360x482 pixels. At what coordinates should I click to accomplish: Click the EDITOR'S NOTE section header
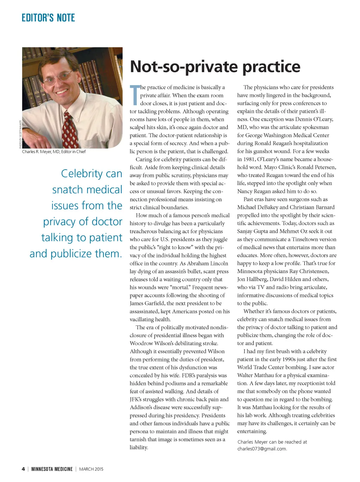[x=48, y=18]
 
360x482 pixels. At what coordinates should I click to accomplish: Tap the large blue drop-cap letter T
[x=135, y=95]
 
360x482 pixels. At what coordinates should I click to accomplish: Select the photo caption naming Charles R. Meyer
[x=54, y=152]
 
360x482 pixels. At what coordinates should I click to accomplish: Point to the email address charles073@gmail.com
[x=262, y=449]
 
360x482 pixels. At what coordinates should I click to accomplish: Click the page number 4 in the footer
[x=23, y=469]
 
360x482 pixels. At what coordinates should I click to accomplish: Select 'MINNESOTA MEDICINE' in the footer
[x=52, y=469]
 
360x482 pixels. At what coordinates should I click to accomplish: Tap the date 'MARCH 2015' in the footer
[x=91, y=469]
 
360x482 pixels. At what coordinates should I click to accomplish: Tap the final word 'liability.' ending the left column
[x=139, y=447]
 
